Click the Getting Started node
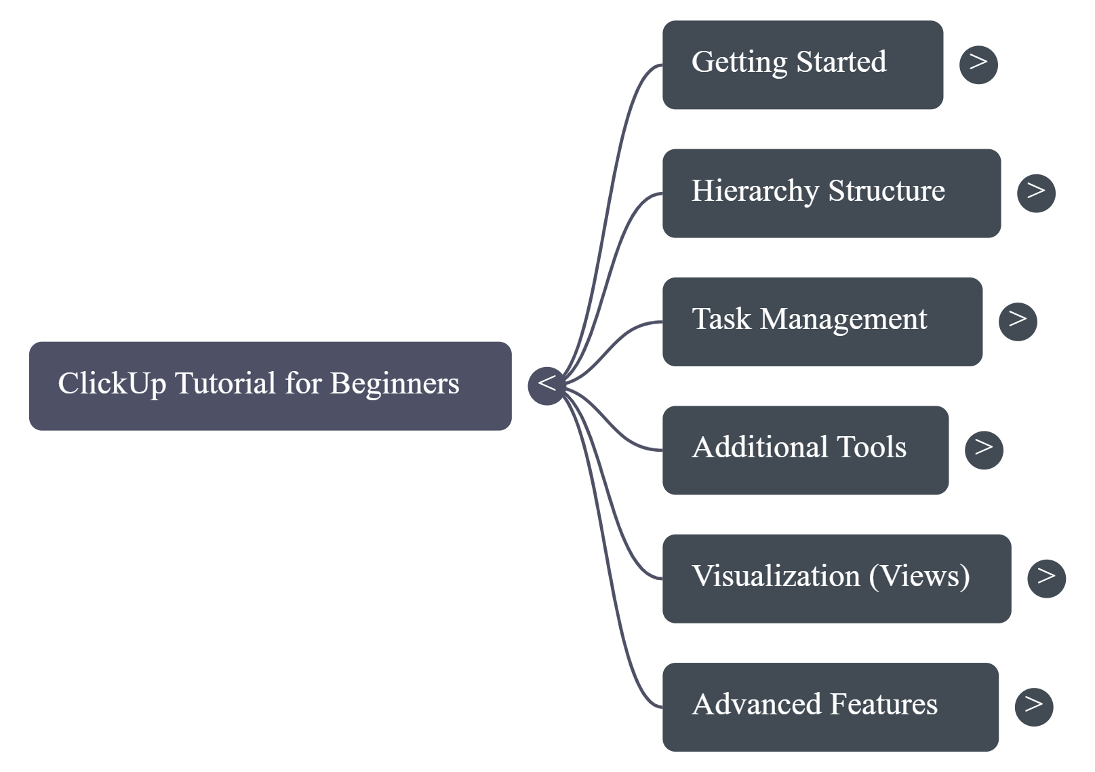(802, 64)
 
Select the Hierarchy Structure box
(831, 193)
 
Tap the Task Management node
(822, 322)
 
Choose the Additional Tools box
(805, 450)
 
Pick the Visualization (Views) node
(836, 578)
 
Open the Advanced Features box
(830, 707)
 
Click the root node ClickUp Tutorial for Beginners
(270, 385)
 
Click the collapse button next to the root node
(546, 385)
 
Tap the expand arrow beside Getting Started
(978, 64)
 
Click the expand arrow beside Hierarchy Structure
(1036, 193)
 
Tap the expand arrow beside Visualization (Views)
(1046, 578)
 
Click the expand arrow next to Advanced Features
(1033, 707)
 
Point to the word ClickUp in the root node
(111, 384)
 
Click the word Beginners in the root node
(395, 384)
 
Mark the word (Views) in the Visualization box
(919, 577)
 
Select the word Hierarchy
(755, 191)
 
